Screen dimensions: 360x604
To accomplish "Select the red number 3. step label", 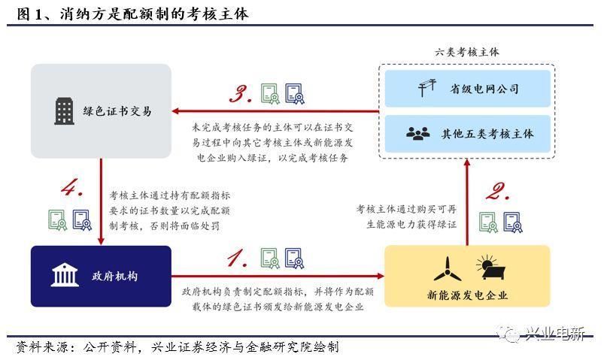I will click(x=240, y=94).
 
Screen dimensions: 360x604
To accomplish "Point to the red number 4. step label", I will click(x=72, y=189).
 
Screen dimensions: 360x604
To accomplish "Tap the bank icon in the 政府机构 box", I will click(x=65, y=275).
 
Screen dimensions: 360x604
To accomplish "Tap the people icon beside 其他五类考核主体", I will click(x=417, y=133).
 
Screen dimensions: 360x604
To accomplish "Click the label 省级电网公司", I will click(x=484, y=89).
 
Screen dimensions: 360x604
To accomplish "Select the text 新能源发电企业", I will click(x=467, y=295).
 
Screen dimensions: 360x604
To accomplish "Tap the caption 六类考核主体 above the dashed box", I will click(x=466, y=52).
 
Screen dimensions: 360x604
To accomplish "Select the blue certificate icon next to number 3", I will click(x=294, y=92).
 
